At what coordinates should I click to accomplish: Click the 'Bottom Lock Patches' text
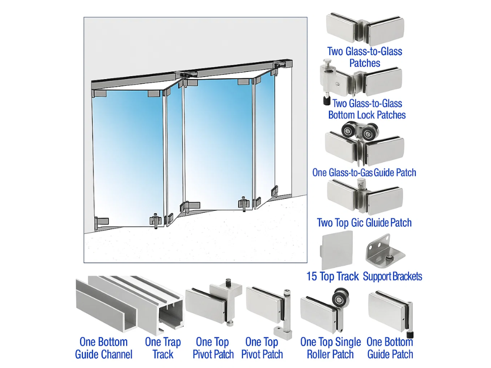tap(367, 115)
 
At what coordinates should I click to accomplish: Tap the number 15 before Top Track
tap(312, 276)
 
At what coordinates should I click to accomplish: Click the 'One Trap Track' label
tap(163, 348)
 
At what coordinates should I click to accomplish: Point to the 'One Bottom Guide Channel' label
tap(104, 348)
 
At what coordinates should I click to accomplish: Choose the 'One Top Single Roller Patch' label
tap(330, 348)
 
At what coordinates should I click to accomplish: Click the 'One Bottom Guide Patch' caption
tap(390, 348)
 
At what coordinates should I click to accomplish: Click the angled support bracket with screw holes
tap(382, 249)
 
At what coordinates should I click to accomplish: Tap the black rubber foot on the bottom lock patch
tap(326, 101)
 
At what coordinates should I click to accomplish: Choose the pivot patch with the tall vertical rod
tap(271, 307)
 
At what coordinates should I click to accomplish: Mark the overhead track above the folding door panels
tap(192, 72)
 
